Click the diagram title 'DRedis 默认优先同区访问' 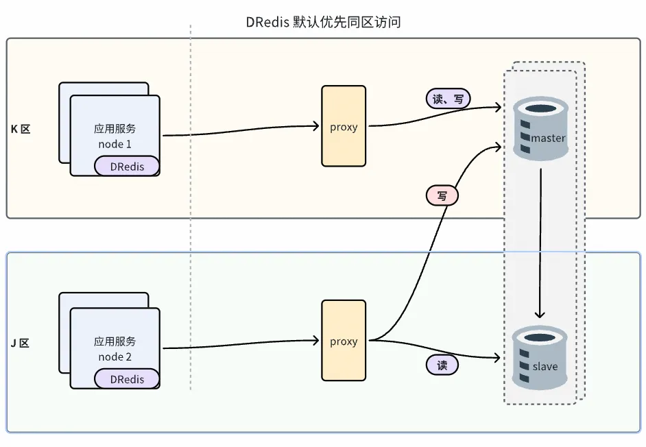tap(323, 22)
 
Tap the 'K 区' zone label tap(21, 129)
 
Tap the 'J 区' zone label tap(20, 342)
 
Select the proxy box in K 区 tap(344, 126)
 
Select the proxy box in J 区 tap(344, 341)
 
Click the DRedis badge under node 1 tap(127, 166)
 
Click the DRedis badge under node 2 tap(127, 379)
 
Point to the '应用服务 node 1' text tap(115, 136)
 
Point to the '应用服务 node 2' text tap(115, 349)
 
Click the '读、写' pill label tap(448, 99)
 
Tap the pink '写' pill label tap(442, 196)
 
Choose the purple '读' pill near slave tap(442, 365)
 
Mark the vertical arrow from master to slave tap(540, 240)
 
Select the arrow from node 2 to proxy tap(240, 344)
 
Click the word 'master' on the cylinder tap(548, 138)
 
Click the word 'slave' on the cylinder tap(545, 367)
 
